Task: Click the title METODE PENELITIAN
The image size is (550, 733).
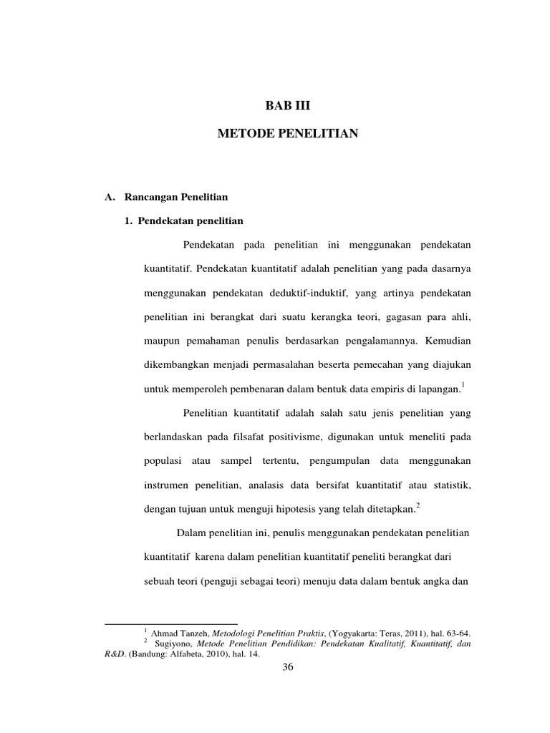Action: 287,134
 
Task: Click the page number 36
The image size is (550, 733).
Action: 288,667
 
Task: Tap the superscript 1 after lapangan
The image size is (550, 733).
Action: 463,385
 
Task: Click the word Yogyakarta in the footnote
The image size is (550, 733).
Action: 351,633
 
